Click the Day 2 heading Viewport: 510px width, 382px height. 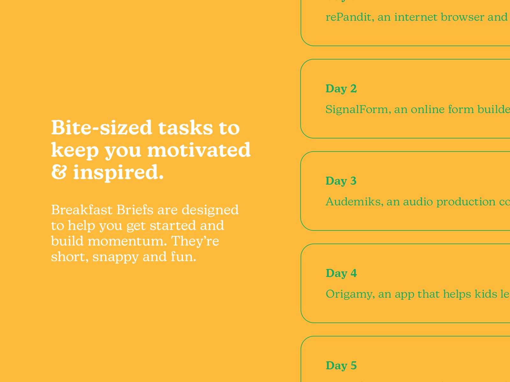[x=341, y=88]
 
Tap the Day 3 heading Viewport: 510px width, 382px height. [x=341, y=181]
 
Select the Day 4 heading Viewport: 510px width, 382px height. [x=341, y=273]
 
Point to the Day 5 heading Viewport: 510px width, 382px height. [x=341, y=365]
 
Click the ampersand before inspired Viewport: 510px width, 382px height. [x=59, y=172]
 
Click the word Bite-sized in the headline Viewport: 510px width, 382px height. [x=101, y=128]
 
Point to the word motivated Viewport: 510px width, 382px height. [x=199, y=150]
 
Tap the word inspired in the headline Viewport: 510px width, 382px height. [x=118, y=172]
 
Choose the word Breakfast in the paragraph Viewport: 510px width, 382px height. [x=82, y=210]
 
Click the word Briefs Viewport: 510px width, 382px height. [x=135, y=210]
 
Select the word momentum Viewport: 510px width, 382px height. [x=127, y=241]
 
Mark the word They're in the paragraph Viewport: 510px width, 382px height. [x=195, y=241]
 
